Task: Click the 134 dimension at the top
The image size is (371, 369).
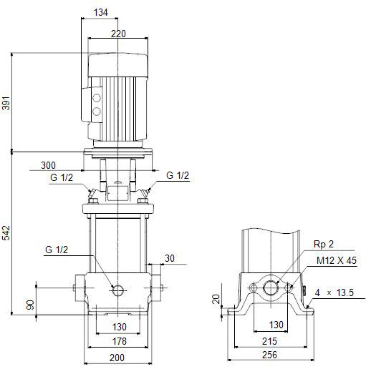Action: coord(101,12)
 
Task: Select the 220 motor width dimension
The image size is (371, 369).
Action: coord(118,34)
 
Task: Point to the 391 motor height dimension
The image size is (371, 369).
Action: coord(6,103)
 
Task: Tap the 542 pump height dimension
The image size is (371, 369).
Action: coord(6,232)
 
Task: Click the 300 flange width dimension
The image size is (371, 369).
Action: coord(48,165)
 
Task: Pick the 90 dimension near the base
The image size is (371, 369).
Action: coord(30,305)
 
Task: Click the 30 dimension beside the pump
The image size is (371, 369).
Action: coord(170,258)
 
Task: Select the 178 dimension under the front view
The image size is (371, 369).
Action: coord(119,341)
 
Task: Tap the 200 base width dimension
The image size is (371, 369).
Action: coord(117,358)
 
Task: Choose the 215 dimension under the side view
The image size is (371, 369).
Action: coord(269,341)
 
